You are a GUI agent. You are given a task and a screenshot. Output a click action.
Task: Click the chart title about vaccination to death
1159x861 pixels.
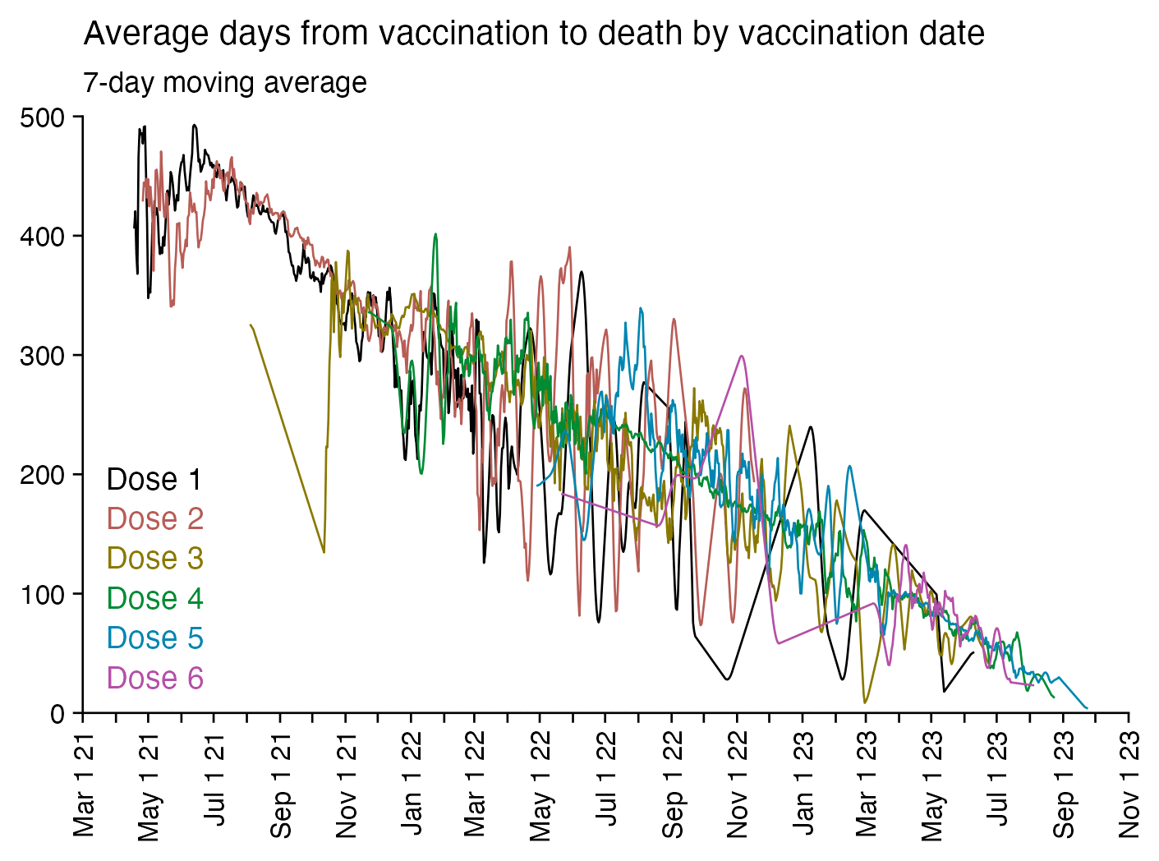(534, 34)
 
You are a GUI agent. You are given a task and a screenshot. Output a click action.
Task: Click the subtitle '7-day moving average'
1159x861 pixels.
(225, 83)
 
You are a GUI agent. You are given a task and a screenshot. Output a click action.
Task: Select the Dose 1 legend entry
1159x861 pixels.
(154, 479)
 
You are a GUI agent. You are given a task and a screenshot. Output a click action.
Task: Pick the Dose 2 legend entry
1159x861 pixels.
(155, 518)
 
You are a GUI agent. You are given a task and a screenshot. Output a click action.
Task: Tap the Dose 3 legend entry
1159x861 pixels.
(155, 558)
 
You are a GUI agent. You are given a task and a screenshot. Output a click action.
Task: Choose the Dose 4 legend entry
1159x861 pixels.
(155, 598)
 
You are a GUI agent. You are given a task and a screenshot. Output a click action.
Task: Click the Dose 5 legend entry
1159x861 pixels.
(155, 638)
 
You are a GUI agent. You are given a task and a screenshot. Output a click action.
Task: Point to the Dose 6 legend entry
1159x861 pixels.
(155, 678)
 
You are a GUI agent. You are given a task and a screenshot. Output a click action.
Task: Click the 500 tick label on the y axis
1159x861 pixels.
(42, 117)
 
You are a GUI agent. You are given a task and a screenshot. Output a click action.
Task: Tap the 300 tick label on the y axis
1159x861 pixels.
(42, 356)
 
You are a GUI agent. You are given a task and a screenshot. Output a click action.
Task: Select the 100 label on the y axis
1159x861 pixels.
(42, 594)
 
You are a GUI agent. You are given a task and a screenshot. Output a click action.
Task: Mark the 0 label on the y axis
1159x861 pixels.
(57, 713)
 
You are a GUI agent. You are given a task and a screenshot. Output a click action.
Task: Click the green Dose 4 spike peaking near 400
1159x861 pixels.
(435, 234)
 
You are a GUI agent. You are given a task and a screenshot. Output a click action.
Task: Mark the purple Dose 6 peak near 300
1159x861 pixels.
(742, 356)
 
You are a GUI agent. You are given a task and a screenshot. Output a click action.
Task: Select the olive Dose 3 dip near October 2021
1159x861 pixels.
(324, 551)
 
